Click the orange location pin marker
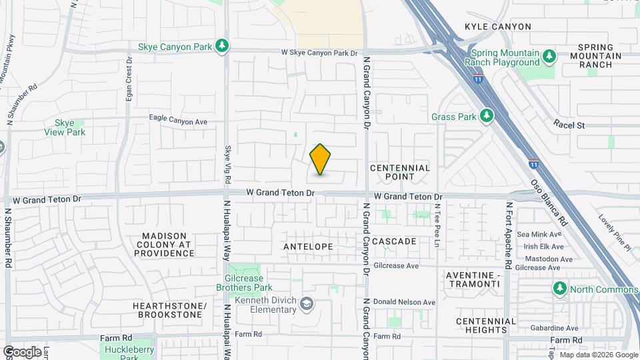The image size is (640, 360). (x=320, y=159)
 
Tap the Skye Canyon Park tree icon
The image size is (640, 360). (x=222, y=46)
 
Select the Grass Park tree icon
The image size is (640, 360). (x=487, y=117)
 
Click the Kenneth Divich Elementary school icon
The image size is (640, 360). (x=306, y=304)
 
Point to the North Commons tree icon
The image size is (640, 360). (x=559, y=289)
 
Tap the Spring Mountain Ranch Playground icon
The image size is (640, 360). (x=549, y=55)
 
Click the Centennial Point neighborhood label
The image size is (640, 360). (x=400, y=172)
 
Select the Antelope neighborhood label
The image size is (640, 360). (x=308, y=247)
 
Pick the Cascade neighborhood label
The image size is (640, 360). (x=394, y=241)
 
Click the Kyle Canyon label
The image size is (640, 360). (x=497, y=27)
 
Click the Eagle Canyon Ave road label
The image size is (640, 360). (x=179, y=121)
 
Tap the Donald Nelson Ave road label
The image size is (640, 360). (x=404, y=302)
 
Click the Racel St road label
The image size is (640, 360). (x=569, y=125)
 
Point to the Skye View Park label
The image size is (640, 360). (x=69, y=127)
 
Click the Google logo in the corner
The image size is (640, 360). (x=21, y=351)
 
